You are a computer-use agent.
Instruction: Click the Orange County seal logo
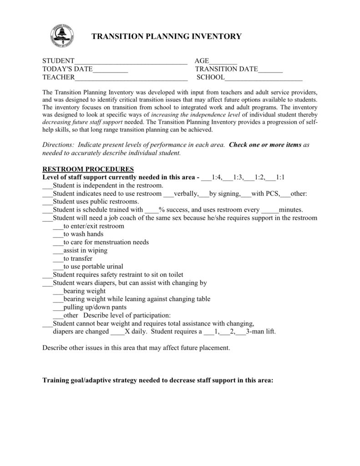[x=62, y=36]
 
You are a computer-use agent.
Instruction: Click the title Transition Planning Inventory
[x=167, y=37]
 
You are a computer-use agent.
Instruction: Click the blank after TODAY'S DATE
[x=110, y=70]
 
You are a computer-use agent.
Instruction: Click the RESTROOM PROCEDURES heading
[x=88, y=169]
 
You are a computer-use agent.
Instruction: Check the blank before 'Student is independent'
[x=47, y=186]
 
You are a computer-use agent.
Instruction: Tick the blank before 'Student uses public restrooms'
[x=47, y=202]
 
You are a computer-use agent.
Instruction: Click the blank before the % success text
[x=151, y=210]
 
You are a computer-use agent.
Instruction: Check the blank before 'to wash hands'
[x=58, y=234]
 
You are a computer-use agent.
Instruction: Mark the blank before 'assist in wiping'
[x=58, y=251]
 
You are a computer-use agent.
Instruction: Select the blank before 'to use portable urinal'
[x=58, y=267]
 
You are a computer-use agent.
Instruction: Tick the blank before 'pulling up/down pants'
[x=58, y=307]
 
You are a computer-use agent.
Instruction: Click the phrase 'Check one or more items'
[x=265, y=145]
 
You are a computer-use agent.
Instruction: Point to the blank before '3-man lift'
[x=240, y=332]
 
